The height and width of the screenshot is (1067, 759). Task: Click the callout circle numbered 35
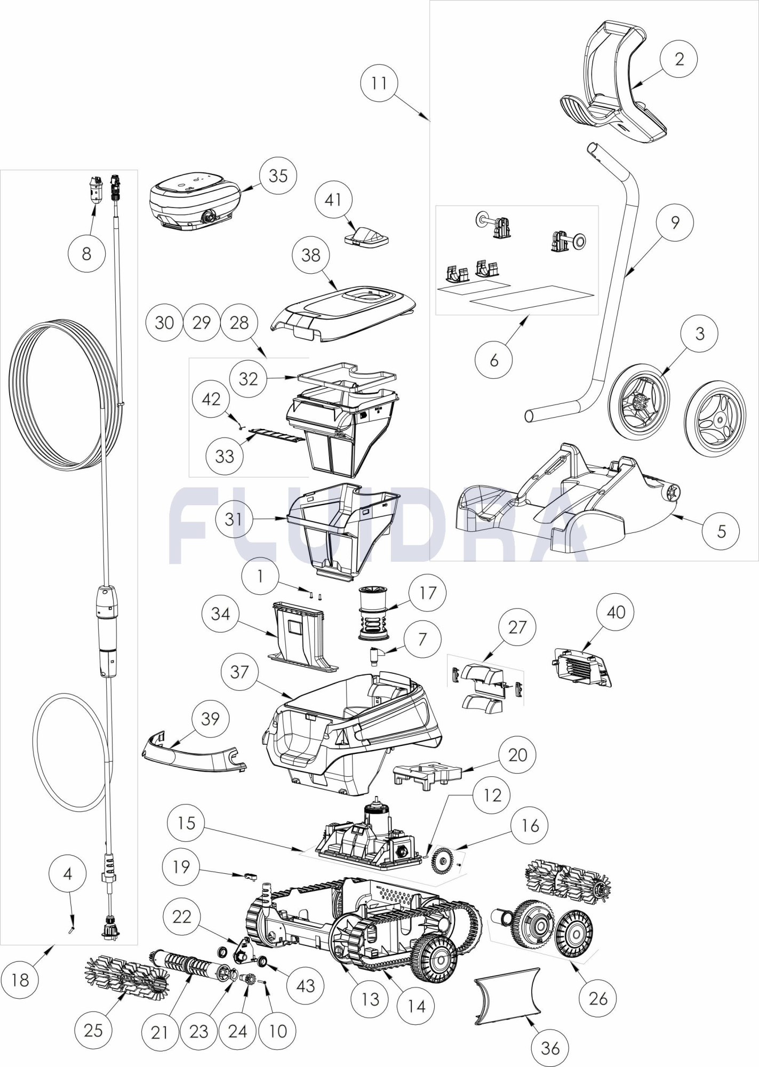click(x=278, y=176)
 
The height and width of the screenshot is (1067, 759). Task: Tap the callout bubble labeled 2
click(x=679, y=59)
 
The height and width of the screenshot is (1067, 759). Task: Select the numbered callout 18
click(x=20, y=980)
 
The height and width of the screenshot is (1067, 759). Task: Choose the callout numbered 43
click(x=306, y=985)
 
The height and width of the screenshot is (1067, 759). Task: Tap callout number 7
click(x=422, y=639)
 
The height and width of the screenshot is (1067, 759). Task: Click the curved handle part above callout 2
click(x=613, y=85)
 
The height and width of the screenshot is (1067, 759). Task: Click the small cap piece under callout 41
click(x=367, y=235)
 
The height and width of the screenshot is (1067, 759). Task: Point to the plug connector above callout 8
click(x=96, y=188)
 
